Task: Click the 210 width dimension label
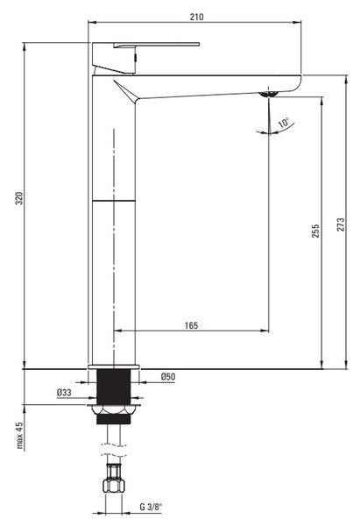point(196,17)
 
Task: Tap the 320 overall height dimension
point(20,198)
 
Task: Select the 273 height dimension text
point(341,224)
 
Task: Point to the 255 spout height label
point(315,231)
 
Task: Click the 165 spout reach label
point(191,325)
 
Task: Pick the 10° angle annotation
point(284,123)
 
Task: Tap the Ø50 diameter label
point(168,377)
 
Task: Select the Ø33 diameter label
point(64,392)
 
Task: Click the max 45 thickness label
point(19,435)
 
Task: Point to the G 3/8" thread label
point(151,507)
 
